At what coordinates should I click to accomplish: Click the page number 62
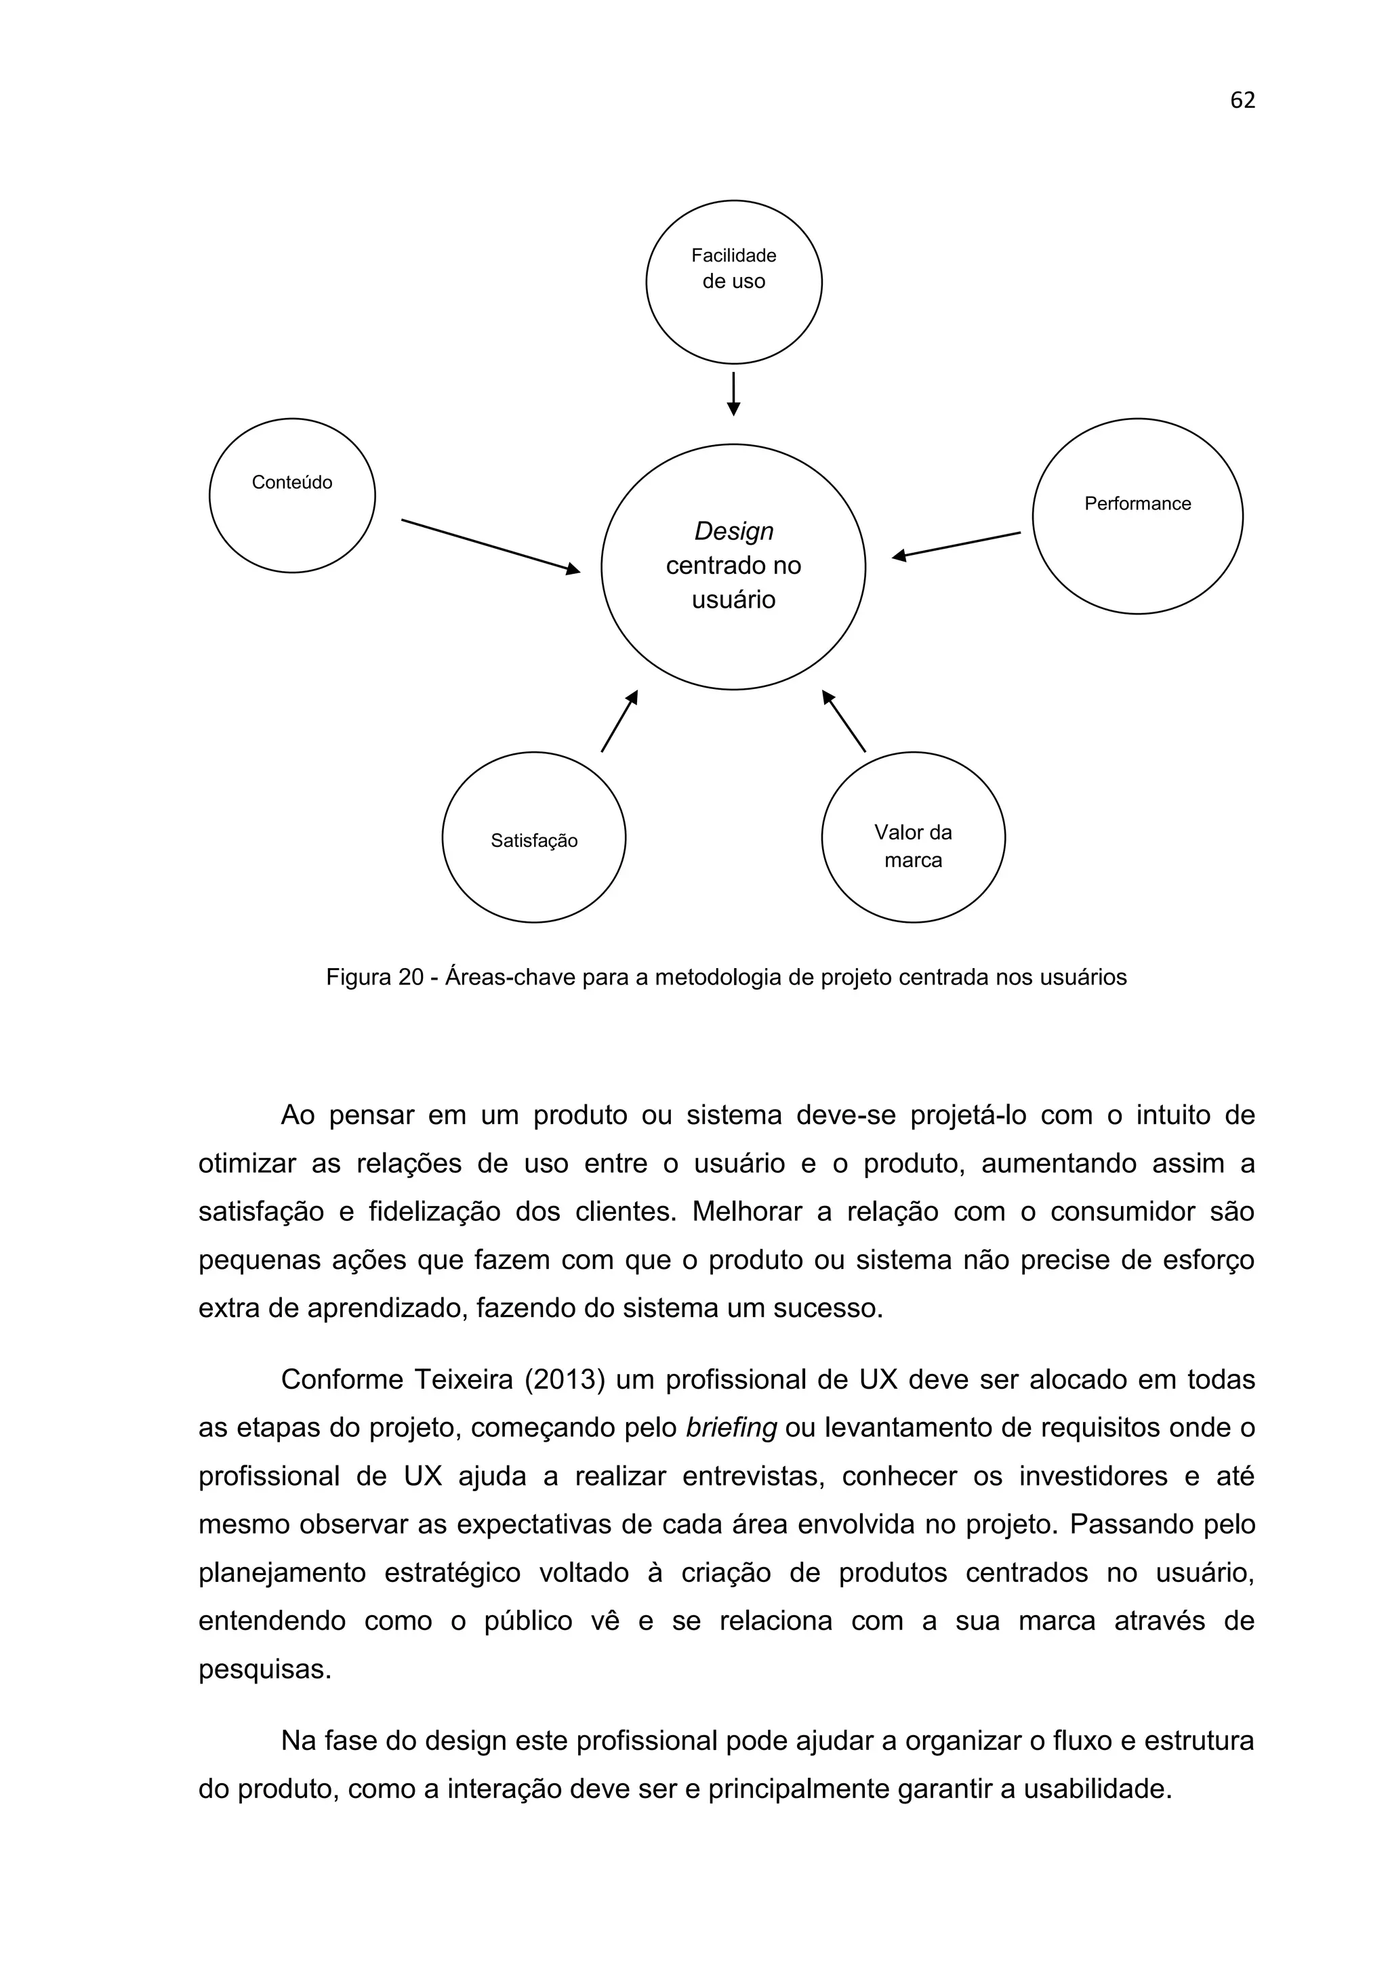tap(1242, 101)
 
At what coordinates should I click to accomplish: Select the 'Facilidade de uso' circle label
tap(733, 268)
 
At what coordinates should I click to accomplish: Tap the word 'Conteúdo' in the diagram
tap(291, 483)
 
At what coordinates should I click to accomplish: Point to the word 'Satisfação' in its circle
tap(533, 841)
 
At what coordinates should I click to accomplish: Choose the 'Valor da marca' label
tap(913, 846)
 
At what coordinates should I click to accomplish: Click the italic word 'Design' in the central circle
tap(733, 532)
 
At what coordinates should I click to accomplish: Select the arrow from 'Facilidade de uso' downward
tap(733, 394)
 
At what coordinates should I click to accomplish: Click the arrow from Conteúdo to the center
tap(490, 546)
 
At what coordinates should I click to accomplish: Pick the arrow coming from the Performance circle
tap(956, 545)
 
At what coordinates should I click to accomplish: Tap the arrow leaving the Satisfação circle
tap(619, 722)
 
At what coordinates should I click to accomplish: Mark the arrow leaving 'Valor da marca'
tap(844, 722)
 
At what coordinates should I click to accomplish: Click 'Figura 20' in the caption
tap(374, 978)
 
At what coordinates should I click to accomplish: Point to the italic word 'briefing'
tap(731, 1428)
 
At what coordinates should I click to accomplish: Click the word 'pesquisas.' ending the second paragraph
tap(264, 1670)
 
